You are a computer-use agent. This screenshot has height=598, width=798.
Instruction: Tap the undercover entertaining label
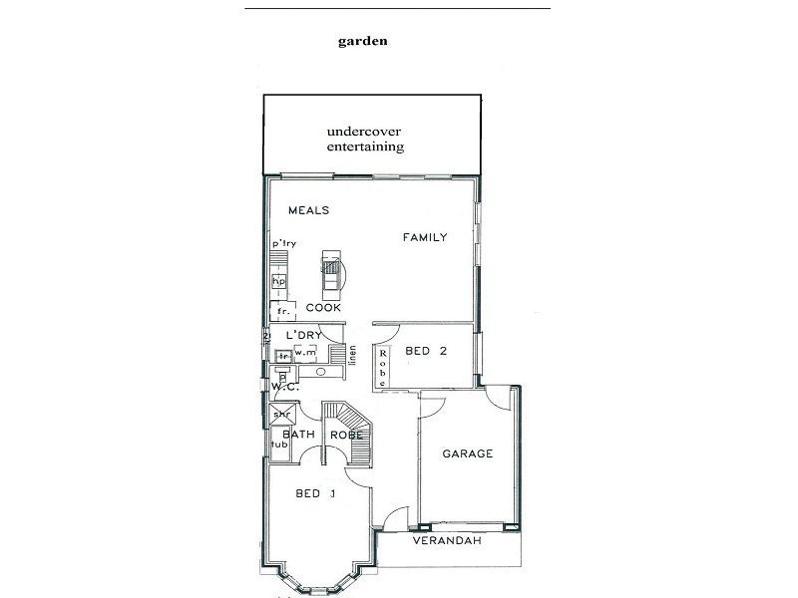[365, 139]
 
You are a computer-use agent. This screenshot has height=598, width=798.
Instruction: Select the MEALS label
[308, 210]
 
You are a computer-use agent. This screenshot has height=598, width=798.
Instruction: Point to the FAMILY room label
[424, 237]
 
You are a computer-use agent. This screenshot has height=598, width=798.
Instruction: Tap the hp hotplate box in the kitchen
[279, 282]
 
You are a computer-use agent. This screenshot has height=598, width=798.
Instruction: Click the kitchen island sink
[330, 267]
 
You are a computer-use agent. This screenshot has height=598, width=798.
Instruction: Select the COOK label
[323, 307]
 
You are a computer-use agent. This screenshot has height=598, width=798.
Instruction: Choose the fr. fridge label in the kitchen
[282, 311]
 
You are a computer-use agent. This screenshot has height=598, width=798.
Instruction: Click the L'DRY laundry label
[301, 335]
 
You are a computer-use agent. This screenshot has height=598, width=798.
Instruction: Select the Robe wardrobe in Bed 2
[382, 366]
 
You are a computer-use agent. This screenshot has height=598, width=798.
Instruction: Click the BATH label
[298, 434]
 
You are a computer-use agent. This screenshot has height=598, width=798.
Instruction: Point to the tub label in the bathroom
[278, 444]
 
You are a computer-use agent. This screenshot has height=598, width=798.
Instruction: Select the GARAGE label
[468, 453]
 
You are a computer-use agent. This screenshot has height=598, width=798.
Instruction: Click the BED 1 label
[314, 493]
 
